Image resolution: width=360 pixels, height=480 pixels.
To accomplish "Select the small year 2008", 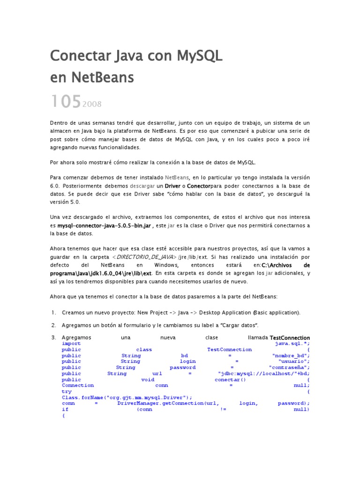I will coord(92,104).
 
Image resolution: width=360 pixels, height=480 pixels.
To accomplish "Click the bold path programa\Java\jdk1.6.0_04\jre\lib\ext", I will coord(101,273).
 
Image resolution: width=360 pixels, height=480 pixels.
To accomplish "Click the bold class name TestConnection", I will coord(290,337).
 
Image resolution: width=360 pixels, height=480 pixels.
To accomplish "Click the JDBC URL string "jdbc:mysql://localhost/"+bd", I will coord(263,374).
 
